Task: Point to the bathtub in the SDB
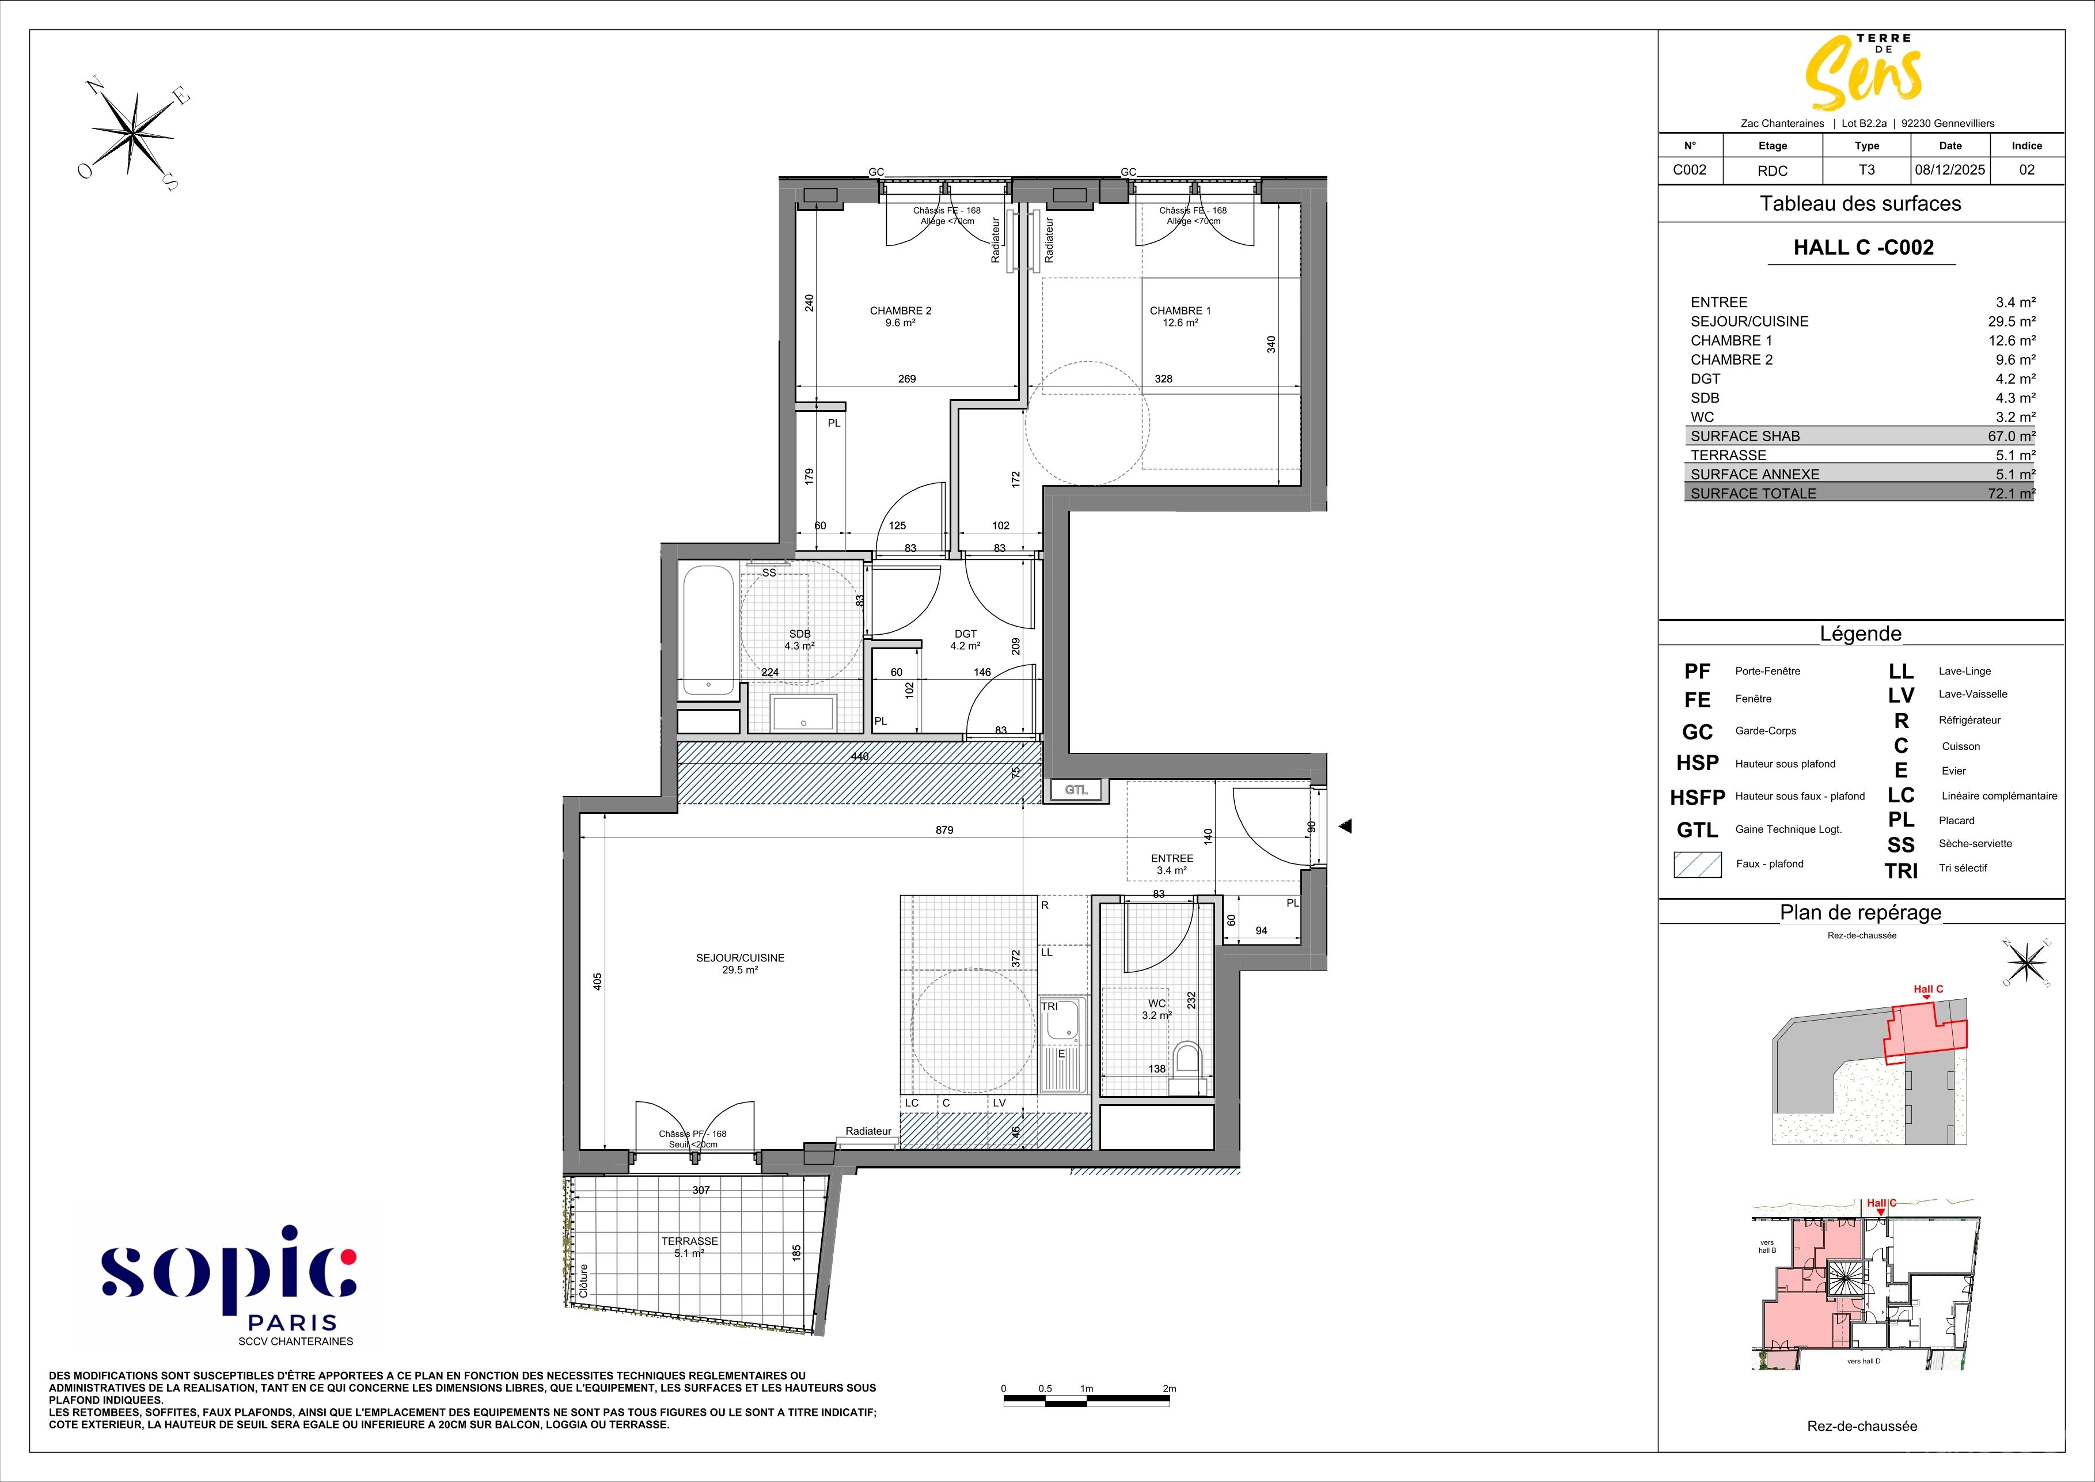coord(708,631)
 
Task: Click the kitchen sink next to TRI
coord(1061,1044)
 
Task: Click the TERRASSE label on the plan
coord(690,1241)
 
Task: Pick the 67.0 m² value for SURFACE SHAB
coord(2011,436)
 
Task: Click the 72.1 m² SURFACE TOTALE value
coord(2011,494)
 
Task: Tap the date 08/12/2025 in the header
coord(1950,170)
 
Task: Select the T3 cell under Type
coord(1867,170)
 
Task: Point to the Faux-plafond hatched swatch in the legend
coord(1697,864)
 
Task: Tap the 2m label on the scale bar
coord(1170,1389)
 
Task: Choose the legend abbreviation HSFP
coord(1697,798)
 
